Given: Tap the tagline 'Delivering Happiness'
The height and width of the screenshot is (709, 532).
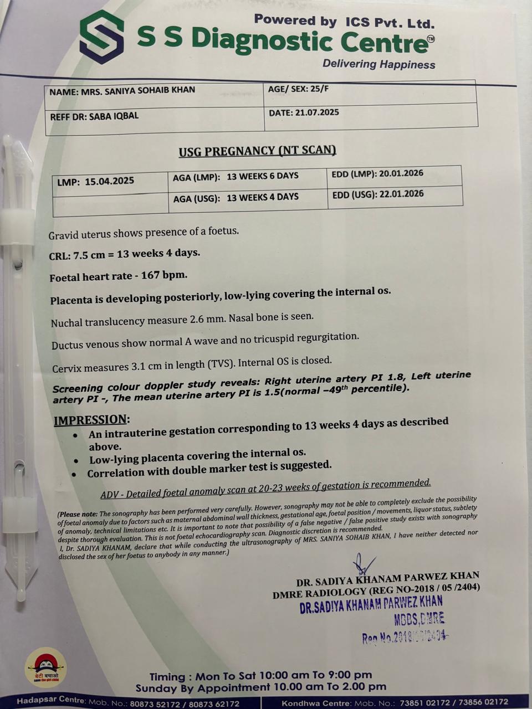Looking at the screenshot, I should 379,64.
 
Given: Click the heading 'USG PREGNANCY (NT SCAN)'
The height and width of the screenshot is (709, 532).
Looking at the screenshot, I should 257,151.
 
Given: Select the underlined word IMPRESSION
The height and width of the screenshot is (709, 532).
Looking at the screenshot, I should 91,420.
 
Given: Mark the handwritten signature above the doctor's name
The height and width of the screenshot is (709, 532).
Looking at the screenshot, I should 365,564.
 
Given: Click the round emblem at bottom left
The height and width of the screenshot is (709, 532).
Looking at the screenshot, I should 45,666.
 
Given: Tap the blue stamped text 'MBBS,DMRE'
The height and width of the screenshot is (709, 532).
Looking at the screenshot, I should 420,619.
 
